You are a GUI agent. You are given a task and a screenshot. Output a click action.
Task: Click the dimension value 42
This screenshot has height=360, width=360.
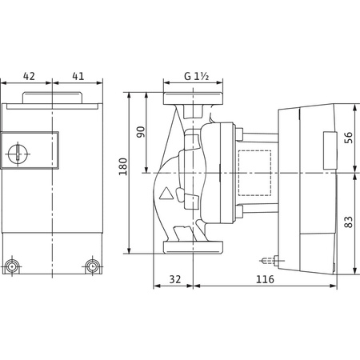pos(29,76)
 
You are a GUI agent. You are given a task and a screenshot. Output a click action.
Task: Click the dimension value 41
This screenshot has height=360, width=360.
pos(78,76)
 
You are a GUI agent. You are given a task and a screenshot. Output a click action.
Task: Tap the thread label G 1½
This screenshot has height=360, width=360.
pos(197,76)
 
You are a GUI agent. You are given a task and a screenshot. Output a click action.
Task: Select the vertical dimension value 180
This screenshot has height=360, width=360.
pos(123,166)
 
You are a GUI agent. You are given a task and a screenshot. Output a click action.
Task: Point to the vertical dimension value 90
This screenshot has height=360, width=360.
pos(141,132)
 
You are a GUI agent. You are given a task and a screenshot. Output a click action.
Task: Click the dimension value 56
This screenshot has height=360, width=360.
pos(348,138)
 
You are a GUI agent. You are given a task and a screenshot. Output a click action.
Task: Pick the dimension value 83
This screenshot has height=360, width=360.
pos(348,222)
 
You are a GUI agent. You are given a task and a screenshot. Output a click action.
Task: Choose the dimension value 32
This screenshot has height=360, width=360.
pos(175,279)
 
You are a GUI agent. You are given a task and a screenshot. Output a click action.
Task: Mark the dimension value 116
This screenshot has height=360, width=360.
pos(265,279)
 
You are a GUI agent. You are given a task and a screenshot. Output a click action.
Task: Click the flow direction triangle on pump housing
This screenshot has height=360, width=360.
pos(166,194)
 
